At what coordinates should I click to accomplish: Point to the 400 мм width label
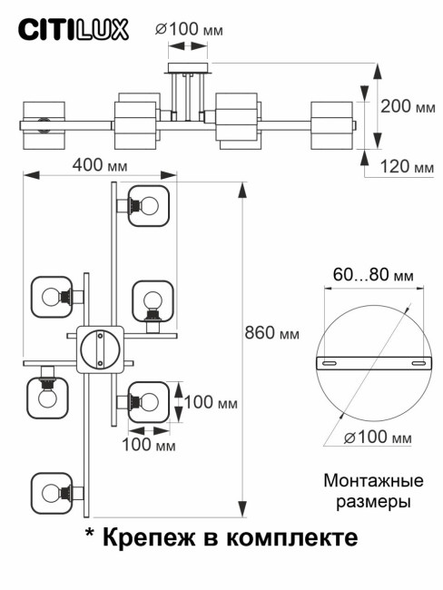pos(98,167)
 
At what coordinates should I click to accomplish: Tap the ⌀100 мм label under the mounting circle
pos(377,438)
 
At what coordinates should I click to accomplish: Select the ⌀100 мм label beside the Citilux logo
pos(189,29)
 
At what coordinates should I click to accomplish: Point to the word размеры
pos(368,500)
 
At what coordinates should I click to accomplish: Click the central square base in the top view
pos(98,349)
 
